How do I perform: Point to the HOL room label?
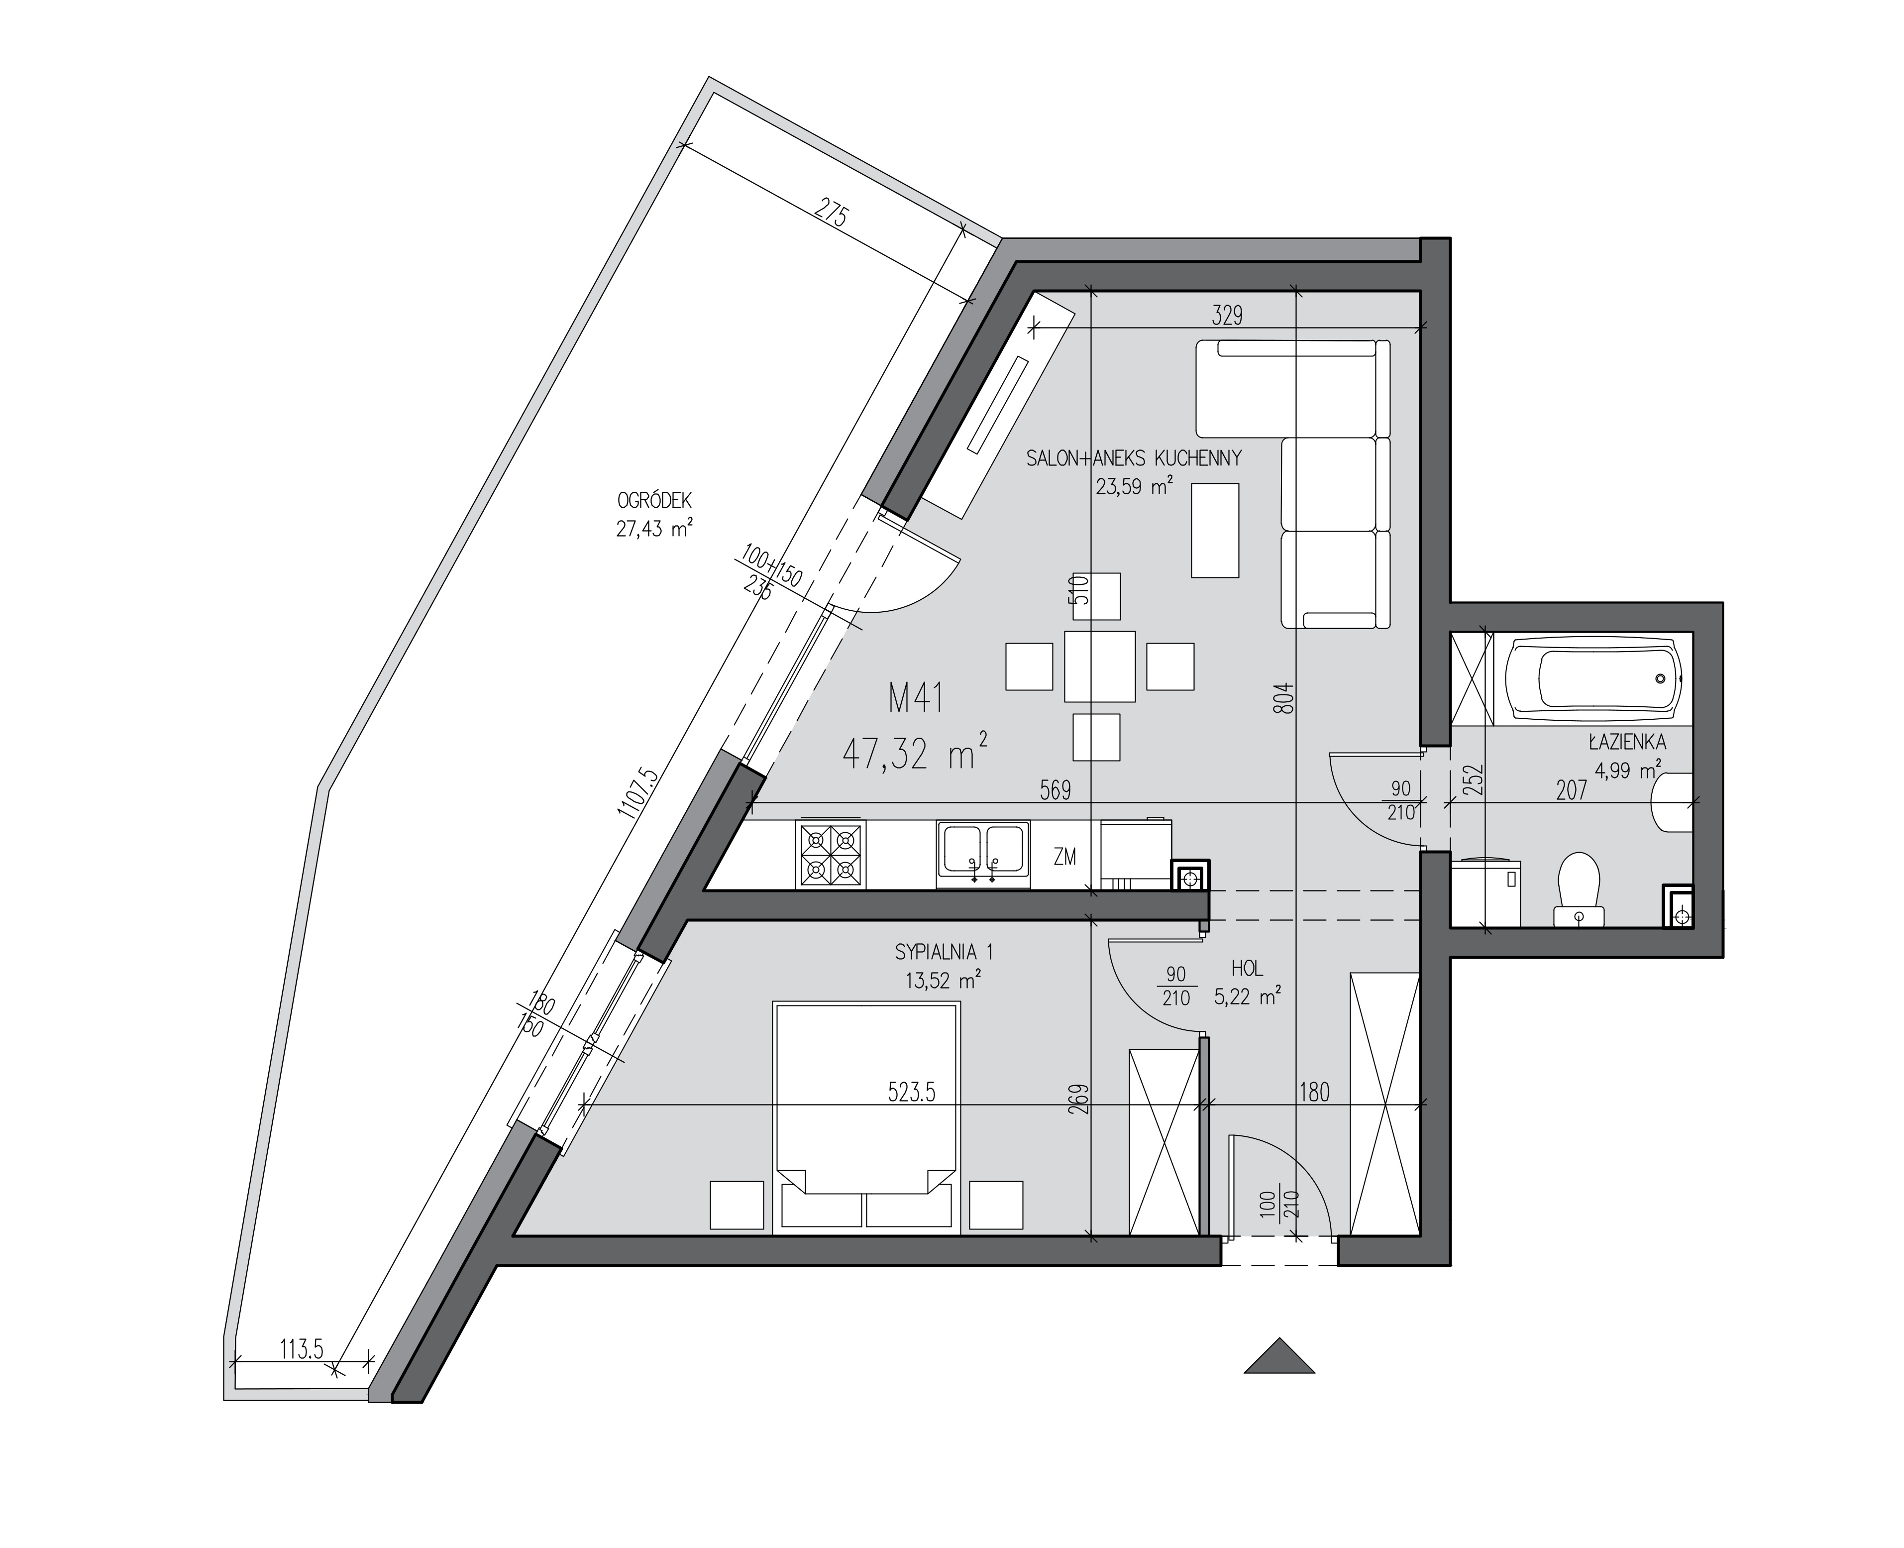[x=1247, y=969]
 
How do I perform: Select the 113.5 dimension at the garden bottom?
[x=301, y=1349]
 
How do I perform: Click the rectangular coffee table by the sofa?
[x=1215, y=531]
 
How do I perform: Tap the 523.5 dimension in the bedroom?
[x=912, y=1093]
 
